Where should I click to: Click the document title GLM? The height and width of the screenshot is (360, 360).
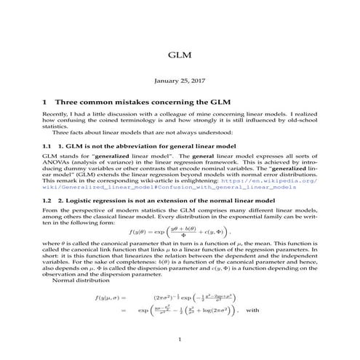click(179, 55)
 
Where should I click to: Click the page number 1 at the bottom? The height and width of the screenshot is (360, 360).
click(179, 339)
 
